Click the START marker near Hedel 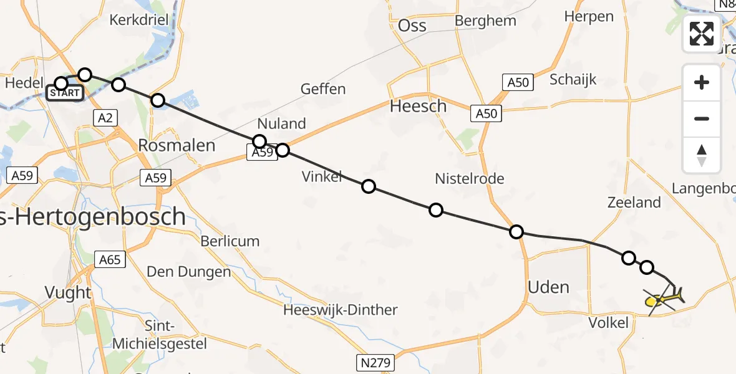tap(65, 93)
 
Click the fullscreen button tap(702, 33)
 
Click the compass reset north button tap(702, 155)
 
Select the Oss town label tap(412, 26)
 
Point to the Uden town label tap(548, 287)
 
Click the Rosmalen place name tap(177, 146)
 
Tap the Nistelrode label tap(470, 179)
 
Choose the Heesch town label tap(418, 107)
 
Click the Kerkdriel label tap(138, 20)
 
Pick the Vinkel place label tap(322, 176)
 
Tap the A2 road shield tap(105, 117)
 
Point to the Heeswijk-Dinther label tap(340, 310)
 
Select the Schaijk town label tap(573, 79)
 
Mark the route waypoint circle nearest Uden tap(516, 232)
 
